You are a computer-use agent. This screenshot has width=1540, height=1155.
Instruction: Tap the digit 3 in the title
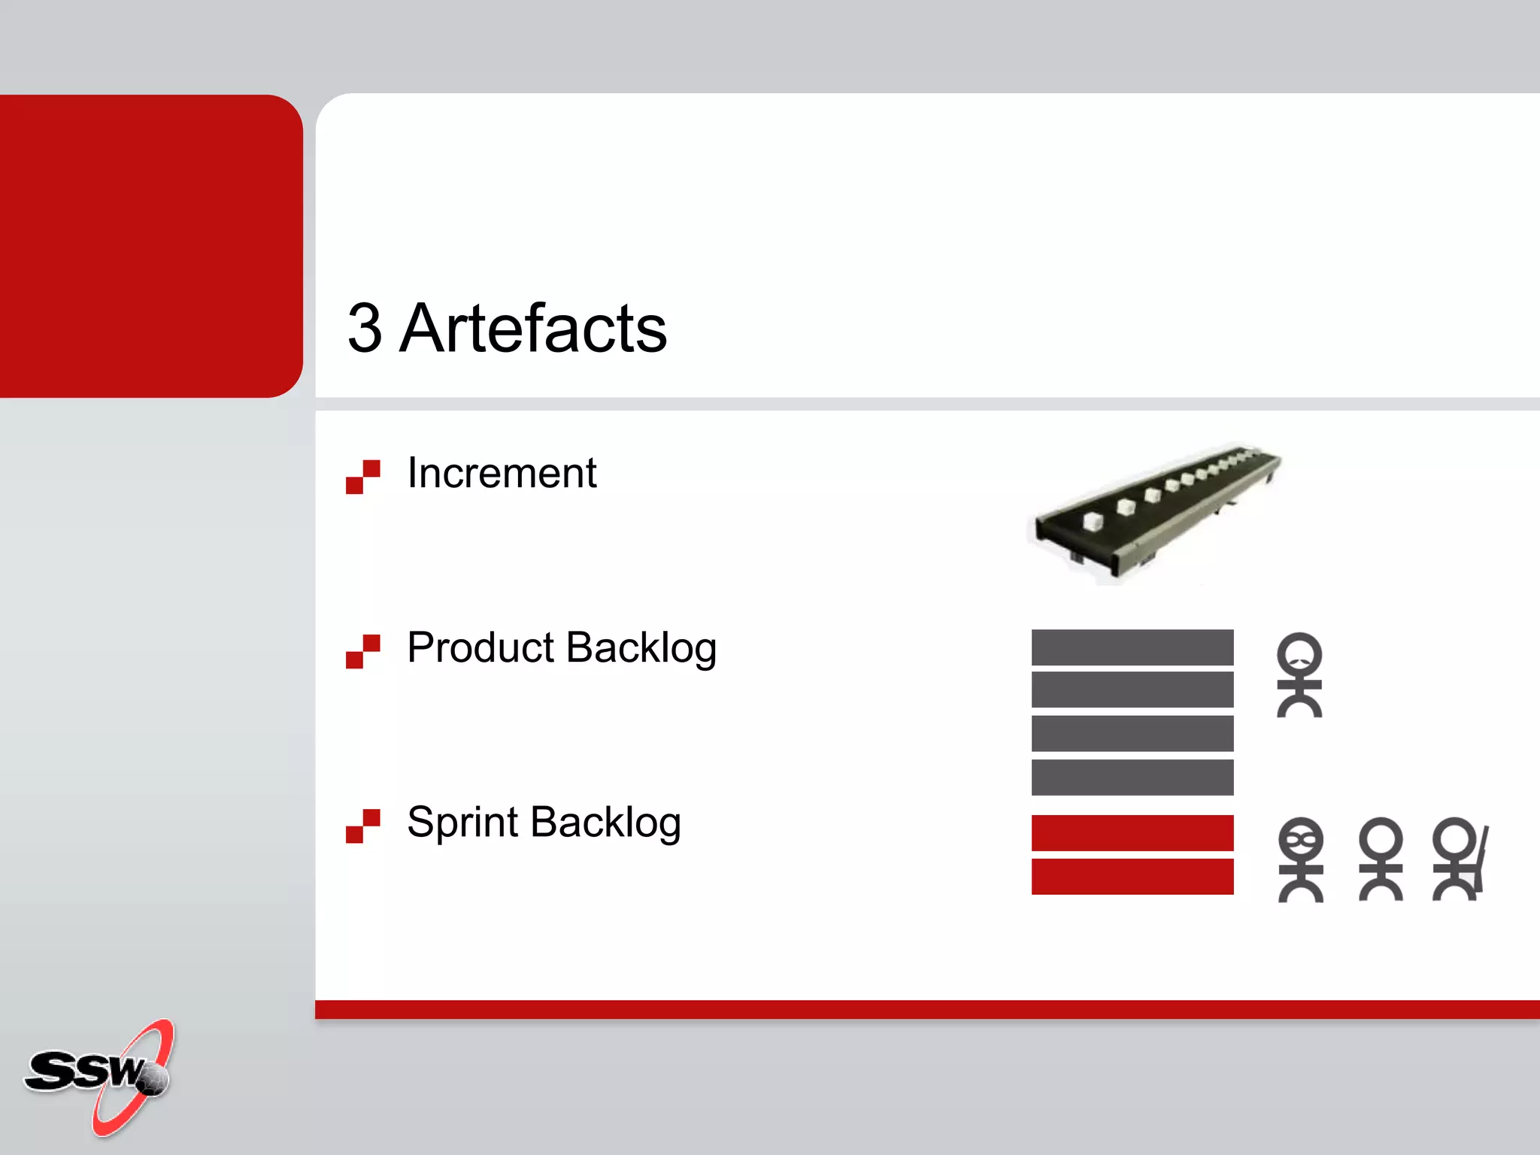pos(365,328)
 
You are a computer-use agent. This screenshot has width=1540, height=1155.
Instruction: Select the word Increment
pos(502,474)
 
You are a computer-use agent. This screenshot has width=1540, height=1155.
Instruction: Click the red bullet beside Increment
pos(363,477)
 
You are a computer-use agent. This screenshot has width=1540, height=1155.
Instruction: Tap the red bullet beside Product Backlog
pos(363,651)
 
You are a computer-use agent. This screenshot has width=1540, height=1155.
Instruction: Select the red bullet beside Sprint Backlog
pos(363,826)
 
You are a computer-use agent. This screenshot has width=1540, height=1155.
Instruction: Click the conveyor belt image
pos(1154,511)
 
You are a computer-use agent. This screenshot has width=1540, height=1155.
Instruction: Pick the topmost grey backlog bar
pos(1132,647)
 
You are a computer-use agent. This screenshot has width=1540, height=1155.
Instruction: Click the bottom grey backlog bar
pos(1132,777)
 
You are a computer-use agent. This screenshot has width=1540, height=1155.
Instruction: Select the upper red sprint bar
pos(1132,833)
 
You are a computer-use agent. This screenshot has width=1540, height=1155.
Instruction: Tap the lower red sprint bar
pos(1132,876)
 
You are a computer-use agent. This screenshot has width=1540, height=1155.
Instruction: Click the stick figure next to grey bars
pos(1299,675)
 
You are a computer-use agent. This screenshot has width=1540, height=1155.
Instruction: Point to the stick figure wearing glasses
pos(1300,859)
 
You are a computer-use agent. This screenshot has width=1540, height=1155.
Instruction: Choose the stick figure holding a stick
pos(1460,859)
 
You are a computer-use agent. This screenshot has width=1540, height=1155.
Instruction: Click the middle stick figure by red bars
pos(1381,859)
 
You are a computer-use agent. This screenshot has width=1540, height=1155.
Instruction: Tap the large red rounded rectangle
pos(150,246)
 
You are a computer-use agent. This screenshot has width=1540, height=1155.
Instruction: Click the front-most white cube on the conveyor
pos(1093,521)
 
